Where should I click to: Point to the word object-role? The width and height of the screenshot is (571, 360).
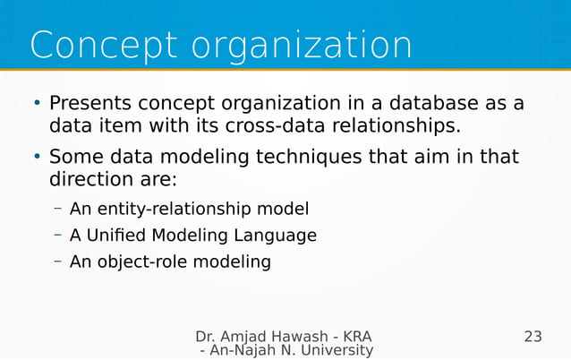[x=145, y=262]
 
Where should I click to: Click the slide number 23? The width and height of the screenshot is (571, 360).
[x=533, y=338]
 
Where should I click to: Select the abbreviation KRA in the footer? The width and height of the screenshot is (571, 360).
[x=356, y=338]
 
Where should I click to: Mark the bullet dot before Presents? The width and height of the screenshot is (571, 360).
[x=37, y=104]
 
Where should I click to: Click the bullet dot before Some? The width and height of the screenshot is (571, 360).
[x=37, y=158]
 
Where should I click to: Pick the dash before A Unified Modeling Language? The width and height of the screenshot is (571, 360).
[x=57, y=236]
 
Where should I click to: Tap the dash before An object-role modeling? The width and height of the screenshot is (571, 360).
[x=57, y=261]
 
